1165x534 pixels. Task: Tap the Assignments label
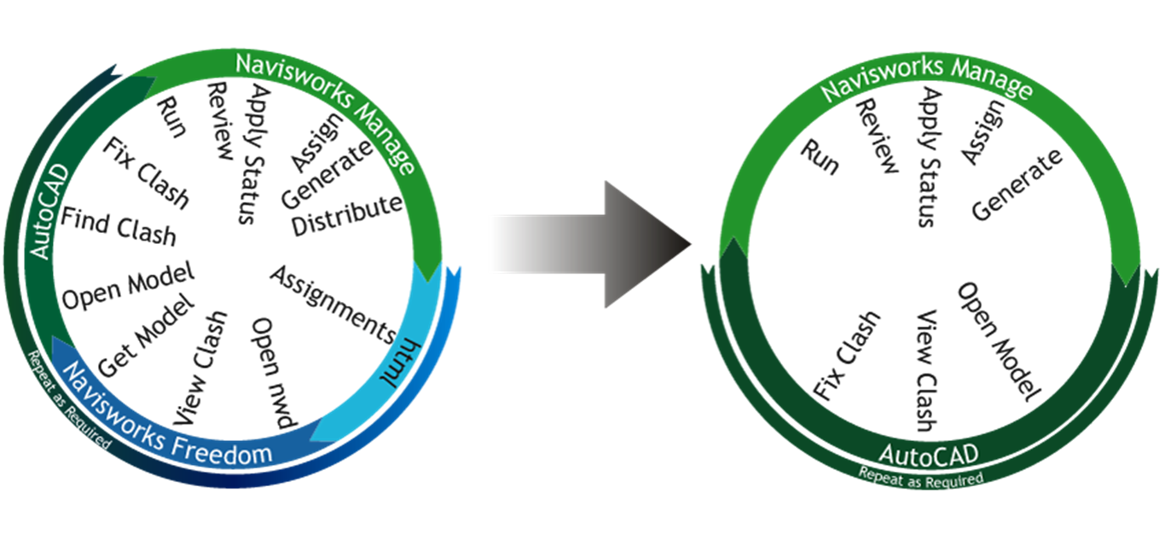[x=333, y=304]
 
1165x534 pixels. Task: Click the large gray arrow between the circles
[x=606, y=242]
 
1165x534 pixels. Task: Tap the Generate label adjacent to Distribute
[x=327, y=175]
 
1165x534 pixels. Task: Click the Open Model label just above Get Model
[x=128, y=287]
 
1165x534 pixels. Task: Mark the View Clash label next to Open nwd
[x=201, y=368]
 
